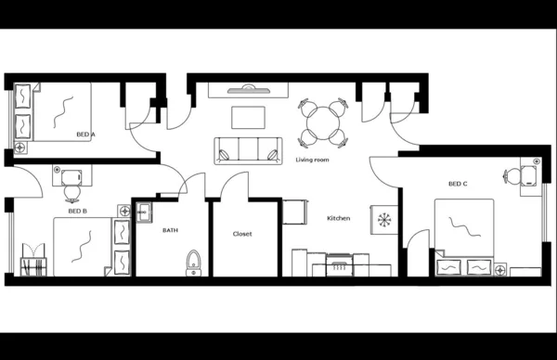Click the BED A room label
coord(85,135)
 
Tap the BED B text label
coord(78,211)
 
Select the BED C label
coord(457,184)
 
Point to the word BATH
coord(170,230)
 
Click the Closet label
coord(242,234)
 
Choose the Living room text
coord(313,160)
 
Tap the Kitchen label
coord(338,218)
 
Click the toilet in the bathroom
coord(193,261)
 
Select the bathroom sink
coord(143,213)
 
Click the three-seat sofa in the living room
coord(248,149)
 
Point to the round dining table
coord(324,122)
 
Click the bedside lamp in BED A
coord(19,147)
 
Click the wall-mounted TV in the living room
coord(248,89)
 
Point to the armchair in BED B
coord(32,259)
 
